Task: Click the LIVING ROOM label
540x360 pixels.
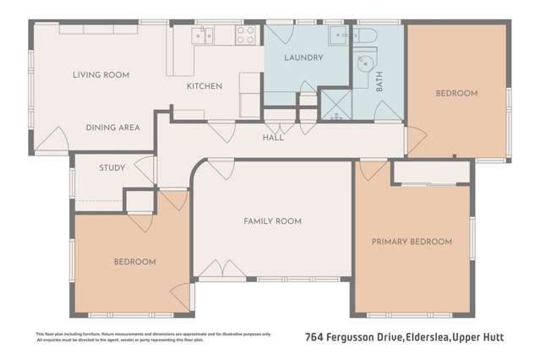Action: (x=101, y=75)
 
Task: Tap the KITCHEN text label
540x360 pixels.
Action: (x=204, y=86)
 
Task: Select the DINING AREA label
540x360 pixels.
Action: (x=112, y=128)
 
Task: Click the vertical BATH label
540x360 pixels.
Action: (x=379, y=82)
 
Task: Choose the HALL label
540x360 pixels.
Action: (x=273, y=138)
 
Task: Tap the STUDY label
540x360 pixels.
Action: (x=112, y=168)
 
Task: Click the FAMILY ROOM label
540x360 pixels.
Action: (x=272, y=221)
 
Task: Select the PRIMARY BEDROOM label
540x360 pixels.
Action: (x=412, y=242)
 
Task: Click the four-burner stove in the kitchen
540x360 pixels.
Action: (x=245, y=35)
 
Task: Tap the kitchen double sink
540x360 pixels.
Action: (x=203, y=35)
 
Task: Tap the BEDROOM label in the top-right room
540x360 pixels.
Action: (x=456, y=93)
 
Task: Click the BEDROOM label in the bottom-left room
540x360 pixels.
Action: (x=135, y=262)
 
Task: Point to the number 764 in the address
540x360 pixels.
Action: (x=314, y=337)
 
